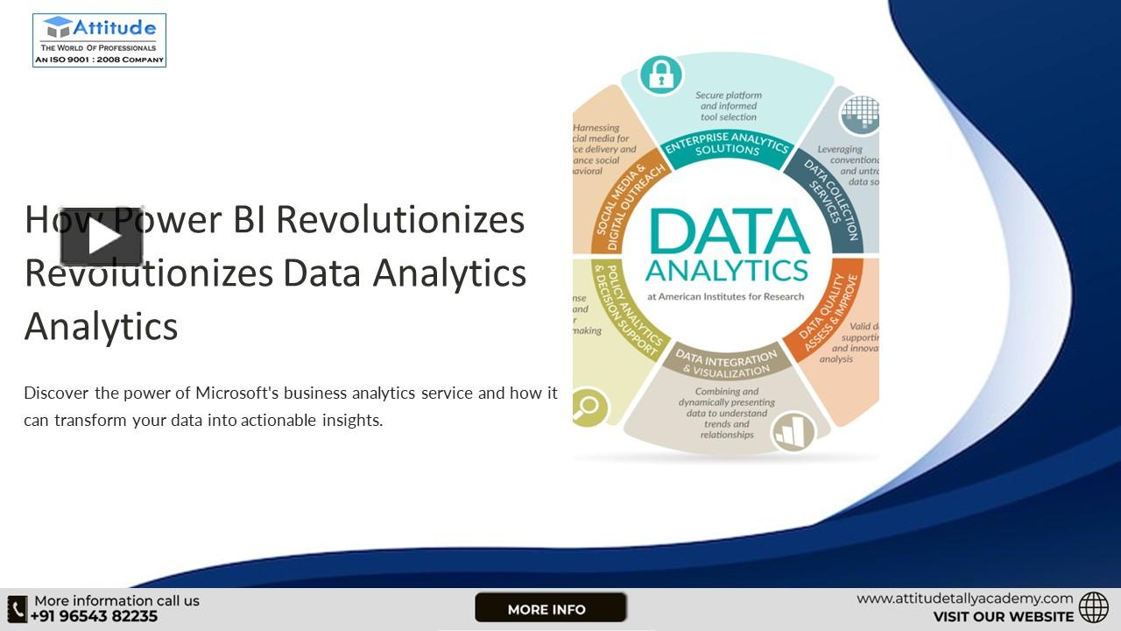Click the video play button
(x=102, y=237)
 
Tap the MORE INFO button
(x=550, y=608)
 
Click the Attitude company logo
(x=99, y=40)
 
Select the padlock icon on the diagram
(x=660, y=75)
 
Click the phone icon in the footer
(x=17, y=608)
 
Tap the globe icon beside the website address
(x=1093, y=607)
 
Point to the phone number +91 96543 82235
(x=95, y=616)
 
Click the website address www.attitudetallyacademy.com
(x=964, y=599)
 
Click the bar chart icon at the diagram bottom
(x=793, y=431)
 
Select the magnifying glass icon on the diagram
(x=588, y=407)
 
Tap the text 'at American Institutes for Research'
(x=725, y=296)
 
